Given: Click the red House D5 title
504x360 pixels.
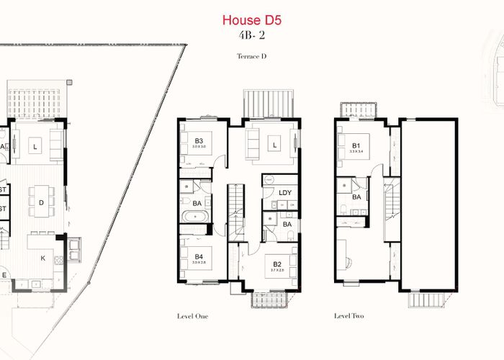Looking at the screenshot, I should point(251,20).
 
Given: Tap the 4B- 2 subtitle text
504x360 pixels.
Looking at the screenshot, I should point(251,37).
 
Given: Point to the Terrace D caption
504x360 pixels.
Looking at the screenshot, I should point(251,56).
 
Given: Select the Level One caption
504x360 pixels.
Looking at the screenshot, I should point(193,315).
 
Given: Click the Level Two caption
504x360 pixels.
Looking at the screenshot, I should point(350,315).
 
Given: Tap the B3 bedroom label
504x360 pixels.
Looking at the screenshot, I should point(199,141).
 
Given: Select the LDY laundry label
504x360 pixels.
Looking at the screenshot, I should point(284,192).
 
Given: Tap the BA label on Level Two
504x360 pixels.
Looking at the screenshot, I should point(356,197).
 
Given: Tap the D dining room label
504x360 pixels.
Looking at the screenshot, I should point(41,202).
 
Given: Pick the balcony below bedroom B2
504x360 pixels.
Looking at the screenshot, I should point(269,300).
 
